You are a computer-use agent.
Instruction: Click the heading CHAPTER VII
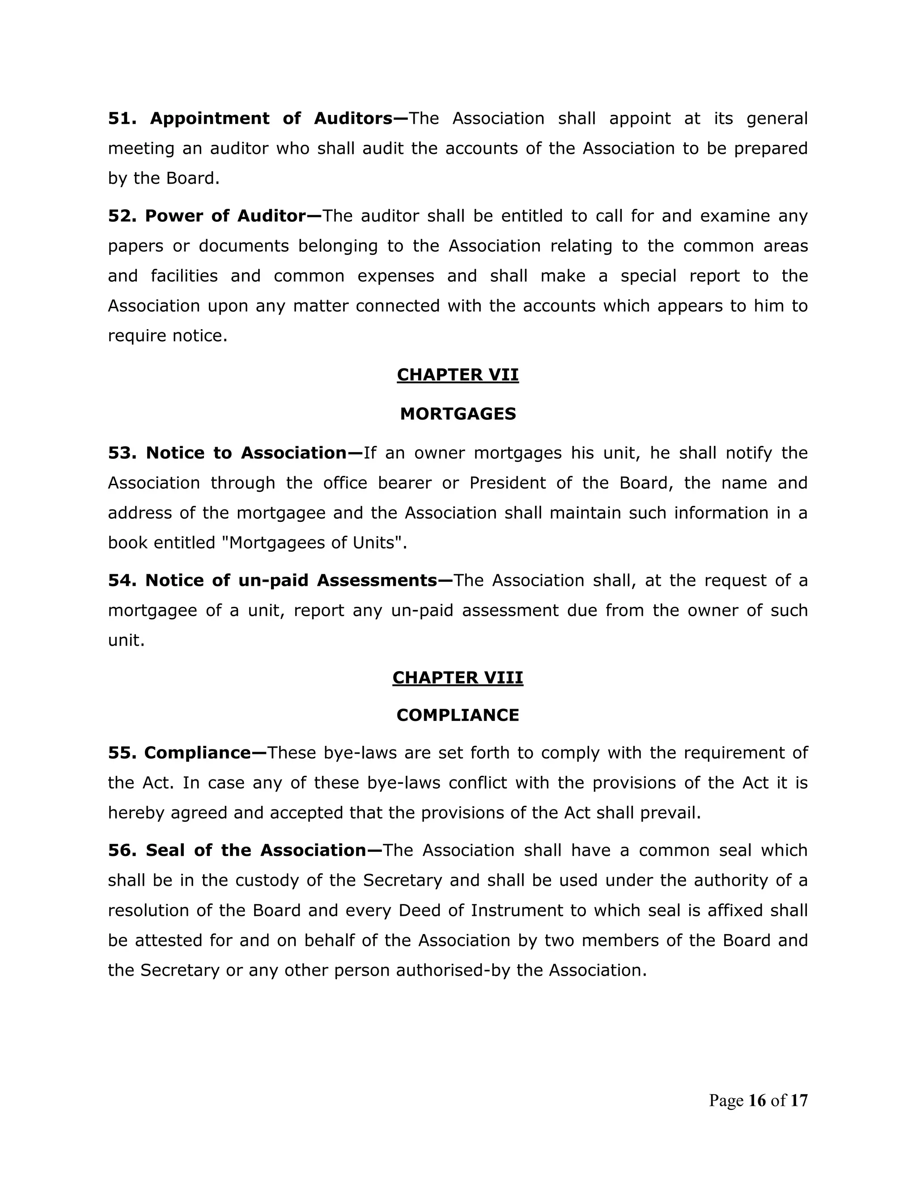point(458,375)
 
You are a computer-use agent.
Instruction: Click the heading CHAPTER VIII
point(458,677)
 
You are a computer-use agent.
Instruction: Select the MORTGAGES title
point(458,414)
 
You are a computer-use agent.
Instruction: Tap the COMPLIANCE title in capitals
point(458,715)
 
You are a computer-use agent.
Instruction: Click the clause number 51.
point(122,118)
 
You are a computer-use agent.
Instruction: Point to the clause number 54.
point(122,580)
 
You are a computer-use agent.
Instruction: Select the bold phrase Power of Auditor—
point(233,216)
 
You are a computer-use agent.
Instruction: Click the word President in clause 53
point(507,483)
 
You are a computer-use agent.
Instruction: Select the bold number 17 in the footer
point(799,1101)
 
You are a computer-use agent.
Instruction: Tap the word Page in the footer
point(726,1101)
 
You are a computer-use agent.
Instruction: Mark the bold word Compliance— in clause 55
point(205,753)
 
